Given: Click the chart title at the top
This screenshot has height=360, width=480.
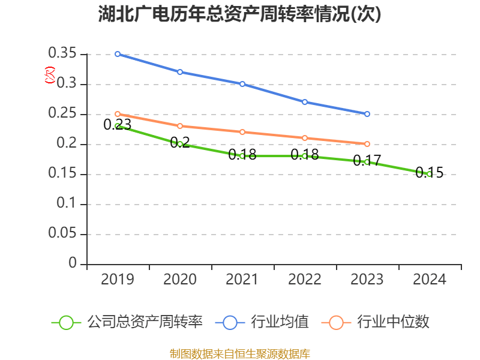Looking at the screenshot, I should click(x=240, y=14).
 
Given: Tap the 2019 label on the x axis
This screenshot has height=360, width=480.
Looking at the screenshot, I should click(x=118, y=280).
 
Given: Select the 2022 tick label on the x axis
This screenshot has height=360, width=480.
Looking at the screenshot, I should click(x=305, y=280).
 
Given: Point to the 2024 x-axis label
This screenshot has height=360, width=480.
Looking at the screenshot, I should click(x=430, y=280).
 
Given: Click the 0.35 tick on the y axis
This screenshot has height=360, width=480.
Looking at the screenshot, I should click(x=62, y=54).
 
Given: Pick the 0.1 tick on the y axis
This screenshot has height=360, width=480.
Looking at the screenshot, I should click(x=67, y=204).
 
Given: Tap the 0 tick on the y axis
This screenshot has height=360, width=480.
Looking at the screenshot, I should click(x=73, y=264).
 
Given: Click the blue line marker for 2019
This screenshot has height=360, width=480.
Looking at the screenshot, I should click(x=118, y=54).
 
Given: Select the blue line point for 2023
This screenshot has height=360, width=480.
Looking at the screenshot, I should click(x=367, y=114).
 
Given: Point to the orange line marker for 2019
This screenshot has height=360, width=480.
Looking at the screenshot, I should click(x=118, y=114).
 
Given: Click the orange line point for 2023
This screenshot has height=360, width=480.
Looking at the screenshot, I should click(x=367, y=144).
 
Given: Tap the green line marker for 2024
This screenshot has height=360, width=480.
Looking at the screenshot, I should click(x=430, y=174).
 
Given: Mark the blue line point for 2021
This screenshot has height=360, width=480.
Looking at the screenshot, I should click(x=242, y=84).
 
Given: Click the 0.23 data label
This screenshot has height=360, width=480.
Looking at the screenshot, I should click(x=117, y=125).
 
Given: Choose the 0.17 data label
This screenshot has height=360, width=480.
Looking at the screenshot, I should click(x=367, y=161).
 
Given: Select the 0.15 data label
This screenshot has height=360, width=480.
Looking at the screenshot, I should click(x=430, y=173).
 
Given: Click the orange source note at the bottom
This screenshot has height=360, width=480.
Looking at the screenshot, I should click(x=240, y=353).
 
